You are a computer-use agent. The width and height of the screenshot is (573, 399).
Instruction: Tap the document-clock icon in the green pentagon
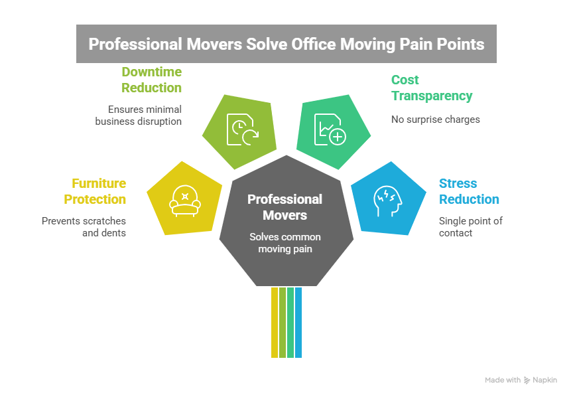coord(242,129)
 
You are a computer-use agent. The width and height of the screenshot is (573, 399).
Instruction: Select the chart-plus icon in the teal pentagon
coord(329,129)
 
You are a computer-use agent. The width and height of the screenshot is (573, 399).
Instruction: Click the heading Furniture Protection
coord(95,191)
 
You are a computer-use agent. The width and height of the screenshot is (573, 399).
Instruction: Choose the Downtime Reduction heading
coord(151,80)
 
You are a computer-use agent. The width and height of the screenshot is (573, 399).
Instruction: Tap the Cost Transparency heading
coord(431,88)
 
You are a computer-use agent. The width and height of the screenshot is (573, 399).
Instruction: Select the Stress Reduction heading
coord(469,191)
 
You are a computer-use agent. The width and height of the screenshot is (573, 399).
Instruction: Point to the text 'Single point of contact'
coord(470,226)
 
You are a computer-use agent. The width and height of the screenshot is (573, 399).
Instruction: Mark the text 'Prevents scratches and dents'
coord(84,226)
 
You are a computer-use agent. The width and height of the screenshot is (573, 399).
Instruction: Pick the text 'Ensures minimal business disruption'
coord(138,115)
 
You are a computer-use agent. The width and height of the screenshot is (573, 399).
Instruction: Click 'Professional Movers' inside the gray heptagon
coord(285,207)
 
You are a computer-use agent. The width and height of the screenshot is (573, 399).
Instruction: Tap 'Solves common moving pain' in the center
coord(285,242)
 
